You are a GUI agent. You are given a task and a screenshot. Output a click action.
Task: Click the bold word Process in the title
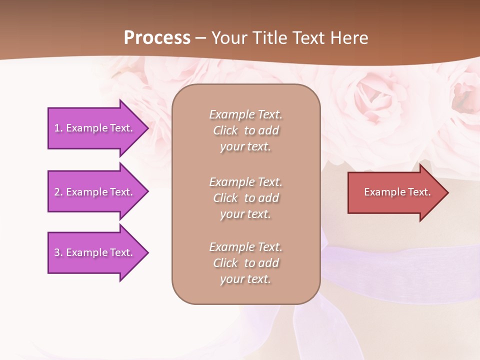(x=157, y=38)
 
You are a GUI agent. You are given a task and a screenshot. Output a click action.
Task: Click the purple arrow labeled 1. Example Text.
(x=95, y=128)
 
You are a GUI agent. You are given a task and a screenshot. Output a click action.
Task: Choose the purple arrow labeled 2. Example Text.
(x=95, y=192)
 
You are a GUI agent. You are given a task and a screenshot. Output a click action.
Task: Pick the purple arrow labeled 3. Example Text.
(x=95, y=252)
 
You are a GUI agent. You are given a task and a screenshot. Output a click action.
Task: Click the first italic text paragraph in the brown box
(x=245, y=130)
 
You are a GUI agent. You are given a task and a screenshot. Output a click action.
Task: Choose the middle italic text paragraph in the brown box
(x=245, y=198)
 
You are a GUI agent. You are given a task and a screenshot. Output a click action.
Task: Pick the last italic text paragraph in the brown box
(x=245, y=263)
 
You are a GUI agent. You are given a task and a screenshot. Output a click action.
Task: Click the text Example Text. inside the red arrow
(x=397, y=192)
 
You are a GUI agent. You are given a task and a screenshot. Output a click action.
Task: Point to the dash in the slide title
(x=201, y=38)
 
